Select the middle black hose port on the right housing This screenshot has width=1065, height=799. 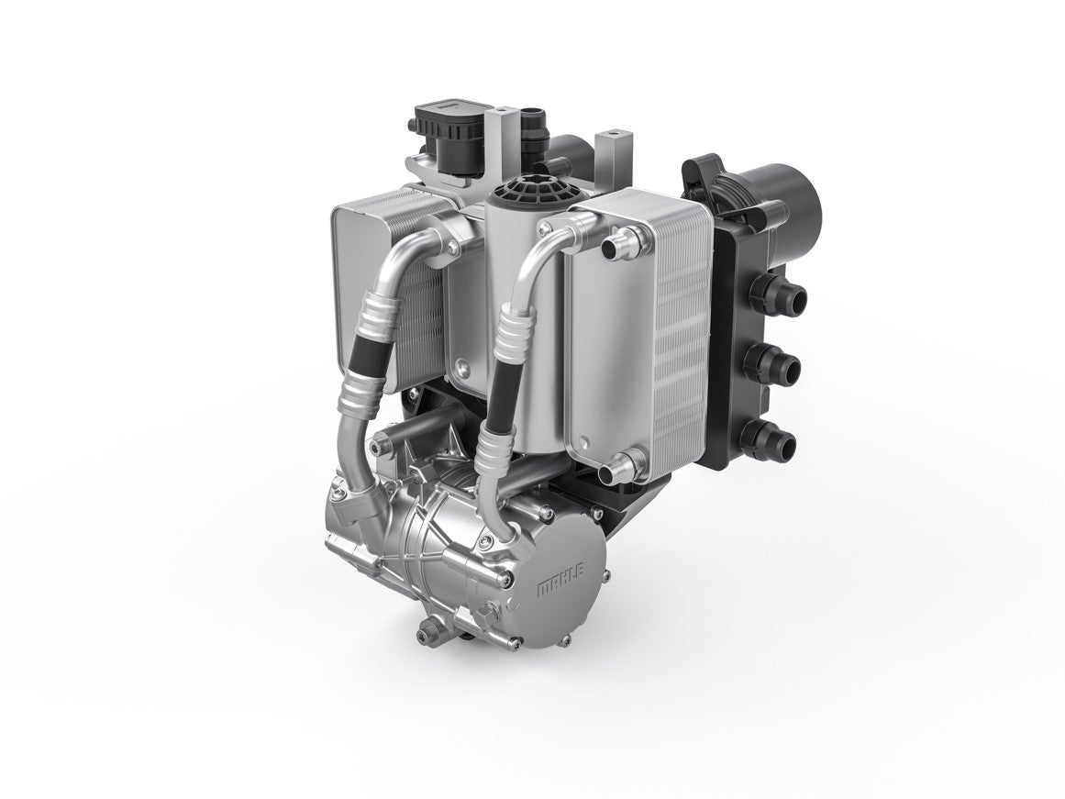pos(776,365)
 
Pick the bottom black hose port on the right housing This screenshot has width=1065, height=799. pos(773,439)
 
